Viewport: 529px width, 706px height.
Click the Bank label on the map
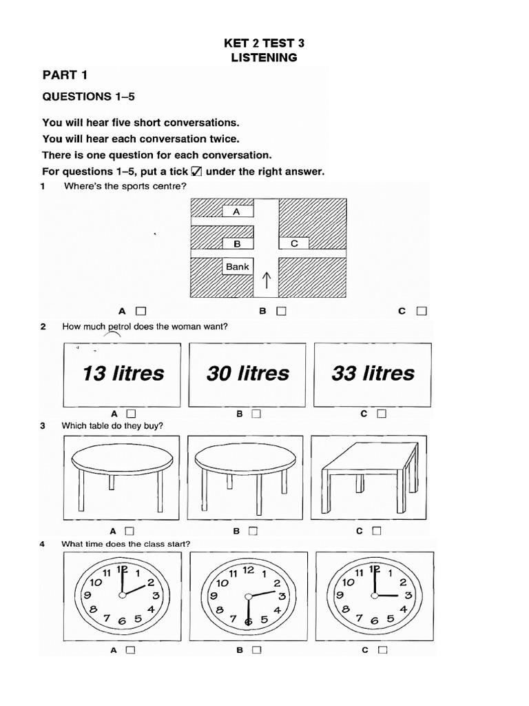[238, 267]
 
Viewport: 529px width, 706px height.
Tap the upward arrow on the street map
[267, 280]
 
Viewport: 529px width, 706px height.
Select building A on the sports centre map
[237, 212]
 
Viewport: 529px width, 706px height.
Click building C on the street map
[294, 243]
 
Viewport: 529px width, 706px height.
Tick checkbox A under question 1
[141, 311]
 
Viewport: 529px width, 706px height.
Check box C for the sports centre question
[421, 311]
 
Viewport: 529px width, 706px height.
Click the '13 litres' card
[123, 374]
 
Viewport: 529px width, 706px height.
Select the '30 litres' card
[248, 374]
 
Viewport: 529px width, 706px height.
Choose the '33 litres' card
[373, 374]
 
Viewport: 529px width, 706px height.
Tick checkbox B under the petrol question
[256, 414]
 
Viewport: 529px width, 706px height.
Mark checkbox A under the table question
[129, 531]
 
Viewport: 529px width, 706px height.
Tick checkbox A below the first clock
[129, 649]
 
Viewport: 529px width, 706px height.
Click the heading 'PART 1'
[65, 74]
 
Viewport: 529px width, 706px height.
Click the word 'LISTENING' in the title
[264, 58]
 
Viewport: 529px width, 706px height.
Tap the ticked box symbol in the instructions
[196, 171]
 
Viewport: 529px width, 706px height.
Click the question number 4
[43, 544]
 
